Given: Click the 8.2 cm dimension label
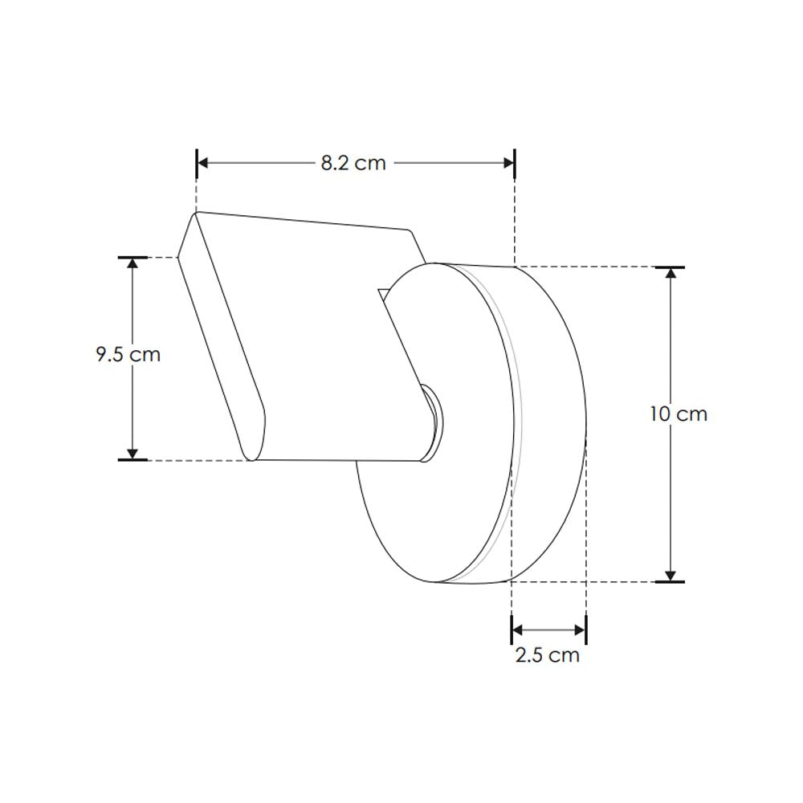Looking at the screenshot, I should click(x=353, y=163).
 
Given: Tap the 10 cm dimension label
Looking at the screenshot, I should click(x=679, y=414).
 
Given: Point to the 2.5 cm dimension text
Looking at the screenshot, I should click(x=547, y=655).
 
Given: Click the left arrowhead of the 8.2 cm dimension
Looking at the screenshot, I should click(x=203, y=163).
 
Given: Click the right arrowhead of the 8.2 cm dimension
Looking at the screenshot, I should click(x=508, y=163).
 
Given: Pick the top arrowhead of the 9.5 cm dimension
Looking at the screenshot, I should click(x=133, y=264).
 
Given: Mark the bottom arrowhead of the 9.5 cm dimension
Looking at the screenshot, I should click(x=133, y=453).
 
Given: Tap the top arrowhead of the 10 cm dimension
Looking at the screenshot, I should click(x=671, y=273).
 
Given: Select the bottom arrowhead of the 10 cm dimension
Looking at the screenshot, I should click(x=671, y=573).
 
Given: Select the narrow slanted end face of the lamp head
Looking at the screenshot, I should click(x=221, y=337).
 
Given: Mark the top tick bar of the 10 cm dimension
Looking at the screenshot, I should click(x=671, y=266).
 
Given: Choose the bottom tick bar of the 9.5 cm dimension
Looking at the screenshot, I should click(x=133, y=460).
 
